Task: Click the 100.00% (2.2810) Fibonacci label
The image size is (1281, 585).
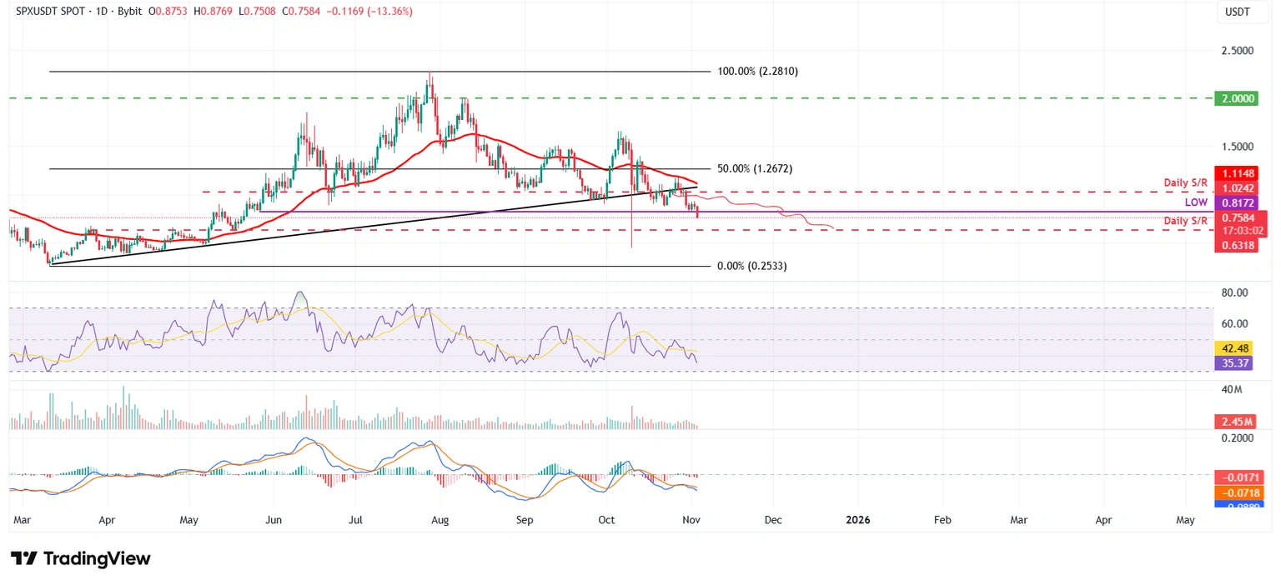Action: click(757, 72)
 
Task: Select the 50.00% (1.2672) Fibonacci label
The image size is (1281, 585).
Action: click(754, 168)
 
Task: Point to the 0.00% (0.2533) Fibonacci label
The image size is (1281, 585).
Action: click(751, 266)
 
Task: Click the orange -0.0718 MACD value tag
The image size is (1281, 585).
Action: click(1240, 492)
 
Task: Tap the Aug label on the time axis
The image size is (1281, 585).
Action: click(440, 520)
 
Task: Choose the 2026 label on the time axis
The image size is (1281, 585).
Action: click(857, 520)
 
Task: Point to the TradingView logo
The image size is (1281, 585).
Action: click(81, 558)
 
